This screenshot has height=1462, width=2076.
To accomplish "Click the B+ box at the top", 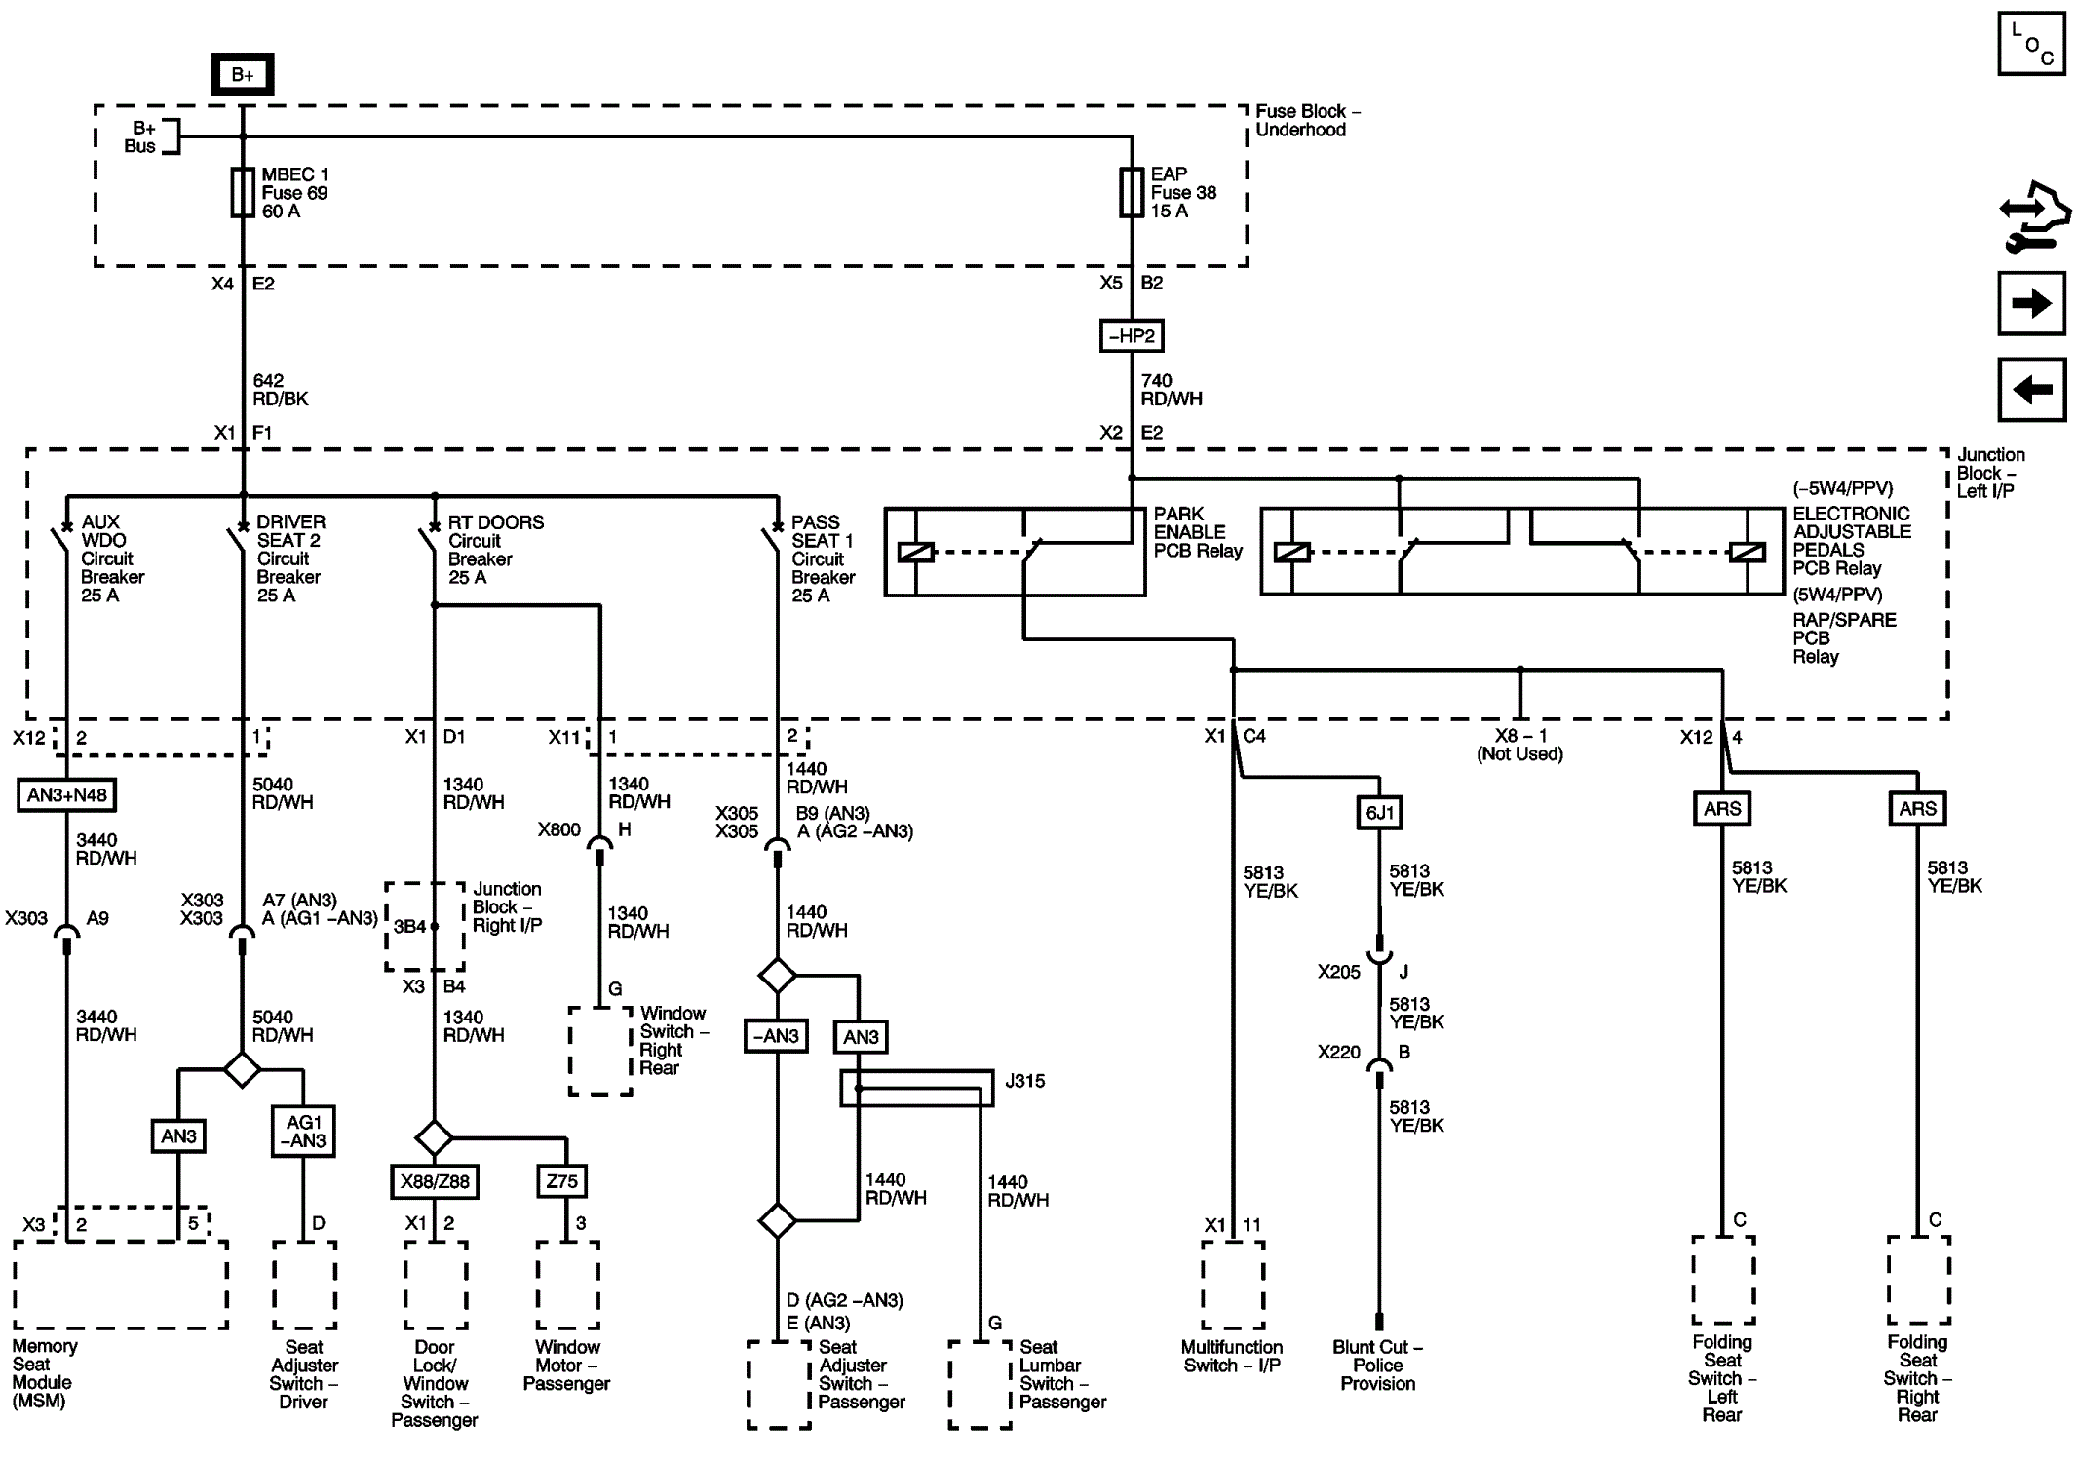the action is point(243,74).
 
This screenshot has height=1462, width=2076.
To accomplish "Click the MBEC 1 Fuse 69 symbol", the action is point(243,192).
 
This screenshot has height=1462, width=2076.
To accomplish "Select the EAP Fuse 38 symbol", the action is point(1132,192).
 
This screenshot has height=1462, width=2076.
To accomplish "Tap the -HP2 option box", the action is point(1132,336).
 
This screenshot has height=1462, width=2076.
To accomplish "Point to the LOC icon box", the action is point(2031,43).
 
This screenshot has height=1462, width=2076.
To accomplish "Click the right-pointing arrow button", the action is point(2031,303).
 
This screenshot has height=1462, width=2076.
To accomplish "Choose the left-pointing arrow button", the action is point(2031,390).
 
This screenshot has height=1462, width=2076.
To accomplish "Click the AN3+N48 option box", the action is point(67,795).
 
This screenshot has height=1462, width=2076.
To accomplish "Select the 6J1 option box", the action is point(1379,813).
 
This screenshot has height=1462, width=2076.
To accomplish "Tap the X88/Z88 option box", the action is point(435,1182).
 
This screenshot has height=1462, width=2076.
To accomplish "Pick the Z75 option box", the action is point(562,1182).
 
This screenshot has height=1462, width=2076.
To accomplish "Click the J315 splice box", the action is point(917,1089).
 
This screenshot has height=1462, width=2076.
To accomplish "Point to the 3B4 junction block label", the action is point(409,926).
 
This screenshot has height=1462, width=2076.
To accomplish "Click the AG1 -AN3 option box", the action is point(303,1131).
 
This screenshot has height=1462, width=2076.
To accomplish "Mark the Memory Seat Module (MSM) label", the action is point(44,1373).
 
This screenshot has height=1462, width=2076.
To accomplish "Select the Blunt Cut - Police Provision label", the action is point(1377,1365).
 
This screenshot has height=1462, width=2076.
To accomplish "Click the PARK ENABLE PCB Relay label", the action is point(1198,532).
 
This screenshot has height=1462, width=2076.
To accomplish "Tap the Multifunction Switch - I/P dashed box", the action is point(1233,1285).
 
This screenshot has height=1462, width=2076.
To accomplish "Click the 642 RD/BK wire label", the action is point(281,390).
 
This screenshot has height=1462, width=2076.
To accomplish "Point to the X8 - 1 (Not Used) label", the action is point(1519,745).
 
